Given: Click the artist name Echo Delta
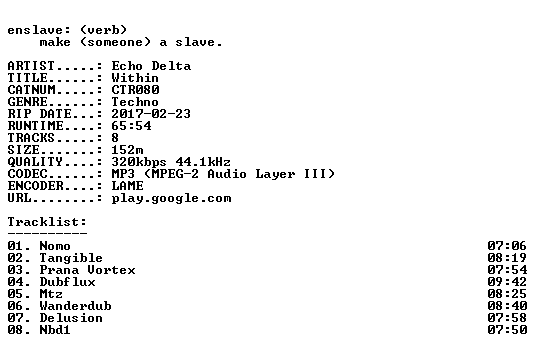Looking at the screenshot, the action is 151,66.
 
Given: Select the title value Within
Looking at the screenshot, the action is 135,78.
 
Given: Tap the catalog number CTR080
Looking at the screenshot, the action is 135,90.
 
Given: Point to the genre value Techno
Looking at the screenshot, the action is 135,102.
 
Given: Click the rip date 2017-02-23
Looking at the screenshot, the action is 151,114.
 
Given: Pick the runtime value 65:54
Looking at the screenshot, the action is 131,125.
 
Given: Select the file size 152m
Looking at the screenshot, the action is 128,150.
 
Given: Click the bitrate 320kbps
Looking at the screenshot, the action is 139,162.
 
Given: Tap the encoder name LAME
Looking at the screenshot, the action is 128,186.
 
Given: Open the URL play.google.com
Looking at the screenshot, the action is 171,198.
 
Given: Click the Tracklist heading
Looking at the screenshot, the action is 47,222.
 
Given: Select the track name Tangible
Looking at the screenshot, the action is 71,258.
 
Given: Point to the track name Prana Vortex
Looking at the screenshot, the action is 88,270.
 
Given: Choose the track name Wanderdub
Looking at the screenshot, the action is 76,306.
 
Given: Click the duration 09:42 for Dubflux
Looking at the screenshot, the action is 507,282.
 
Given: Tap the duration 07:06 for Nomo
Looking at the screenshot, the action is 507,246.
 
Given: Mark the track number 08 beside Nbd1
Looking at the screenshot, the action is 15,330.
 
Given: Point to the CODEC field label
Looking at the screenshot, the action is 27,174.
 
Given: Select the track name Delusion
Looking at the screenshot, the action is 71,318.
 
